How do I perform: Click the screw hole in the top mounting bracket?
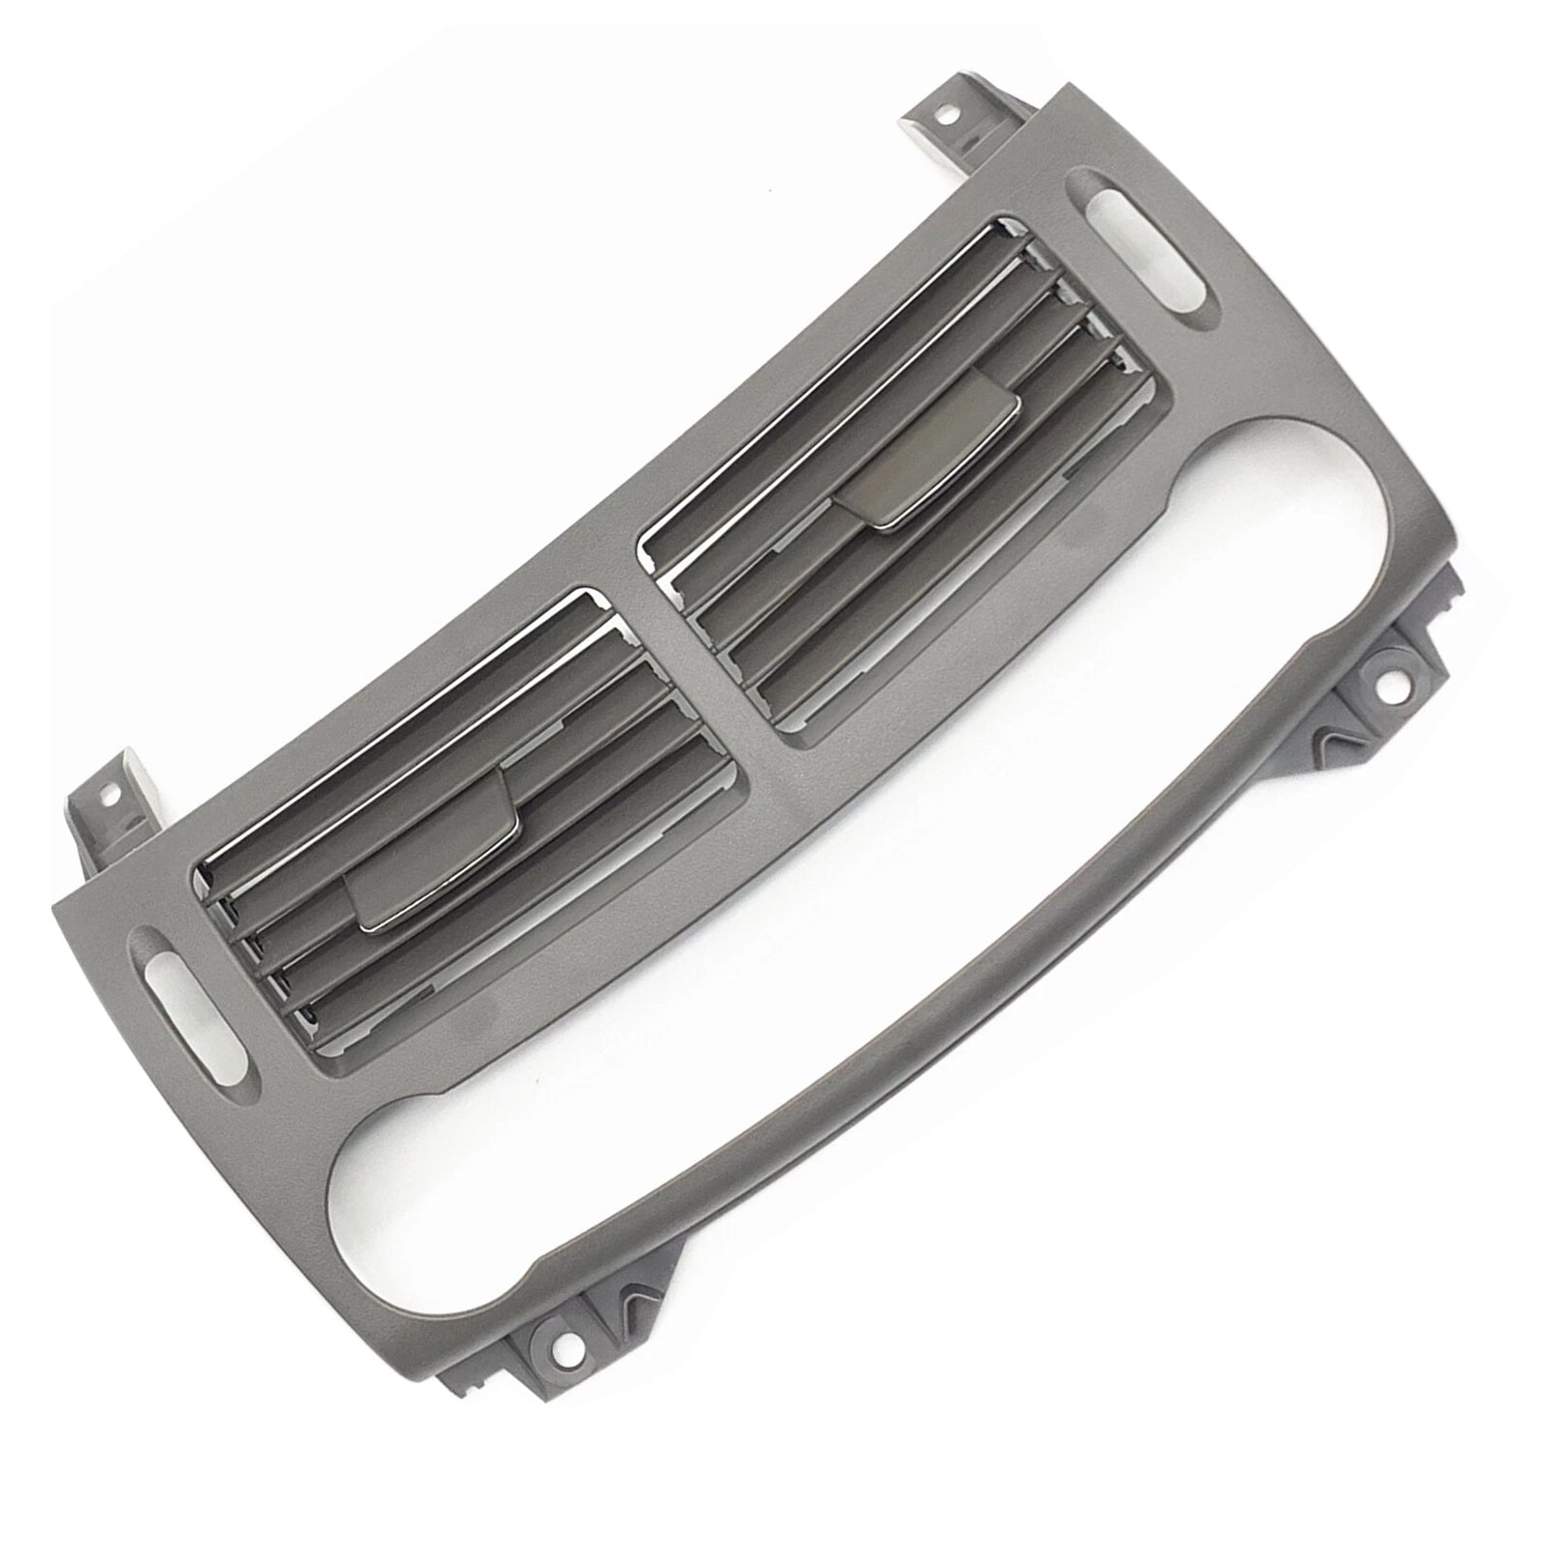943,114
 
